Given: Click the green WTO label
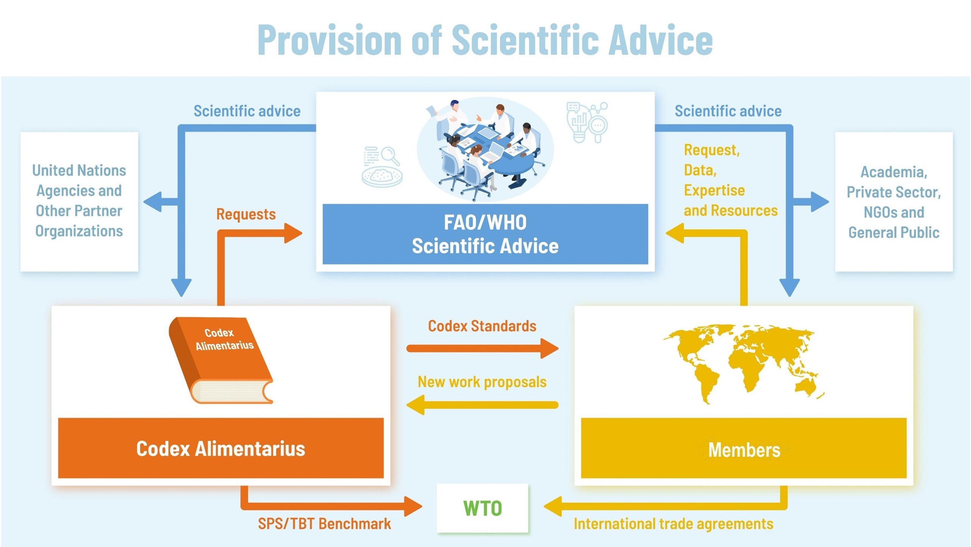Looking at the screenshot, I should point(482,508).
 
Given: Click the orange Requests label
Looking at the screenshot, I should point(246,214).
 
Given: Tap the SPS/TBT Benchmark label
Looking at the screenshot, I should point(324,524).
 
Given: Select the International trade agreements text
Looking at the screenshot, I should point(673,524).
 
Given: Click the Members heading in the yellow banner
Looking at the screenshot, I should point(744,450).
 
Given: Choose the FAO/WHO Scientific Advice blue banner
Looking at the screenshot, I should point(485,234).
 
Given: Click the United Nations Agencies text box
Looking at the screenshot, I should point(79,201).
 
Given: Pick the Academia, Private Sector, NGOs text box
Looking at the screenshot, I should point(894,202).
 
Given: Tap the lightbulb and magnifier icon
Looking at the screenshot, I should point(587,122).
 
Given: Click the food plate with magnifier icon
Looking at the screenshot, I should point(382,167).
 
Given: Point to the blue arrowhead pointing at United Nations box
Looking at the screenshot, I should point(153,202).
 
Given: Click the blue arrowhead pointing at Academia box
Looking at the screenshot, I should point(820,202).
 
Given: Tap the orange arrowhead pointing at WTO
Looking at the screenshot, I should point(413,506).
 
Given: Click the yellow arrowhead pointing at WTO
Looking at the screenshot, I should point(553,506).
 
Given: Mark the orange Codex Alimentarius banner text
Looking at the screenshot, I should point(220,449).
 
